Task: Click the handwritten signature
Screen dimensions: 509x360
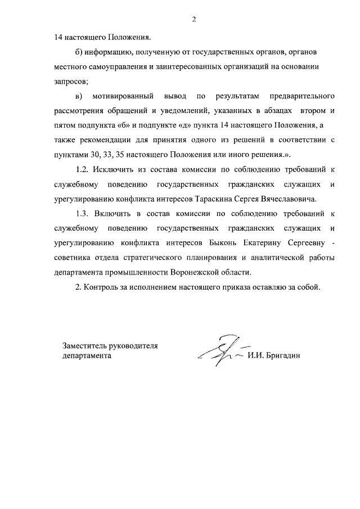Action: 219,351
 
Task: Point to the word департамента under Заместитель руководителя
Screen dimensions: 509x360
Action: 87,355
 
